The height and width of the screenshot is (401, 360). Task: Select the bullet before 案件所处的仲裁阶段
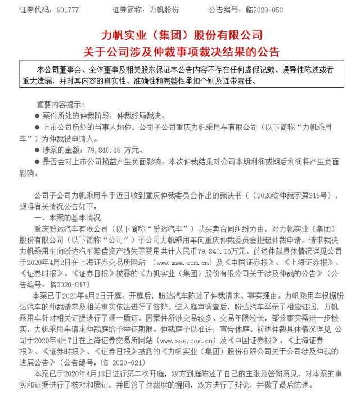point(39,115)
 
